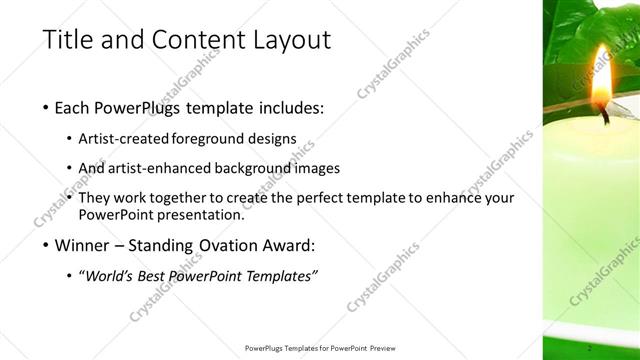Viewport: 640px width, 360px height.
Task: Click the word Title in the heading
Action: coord(67,40)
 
